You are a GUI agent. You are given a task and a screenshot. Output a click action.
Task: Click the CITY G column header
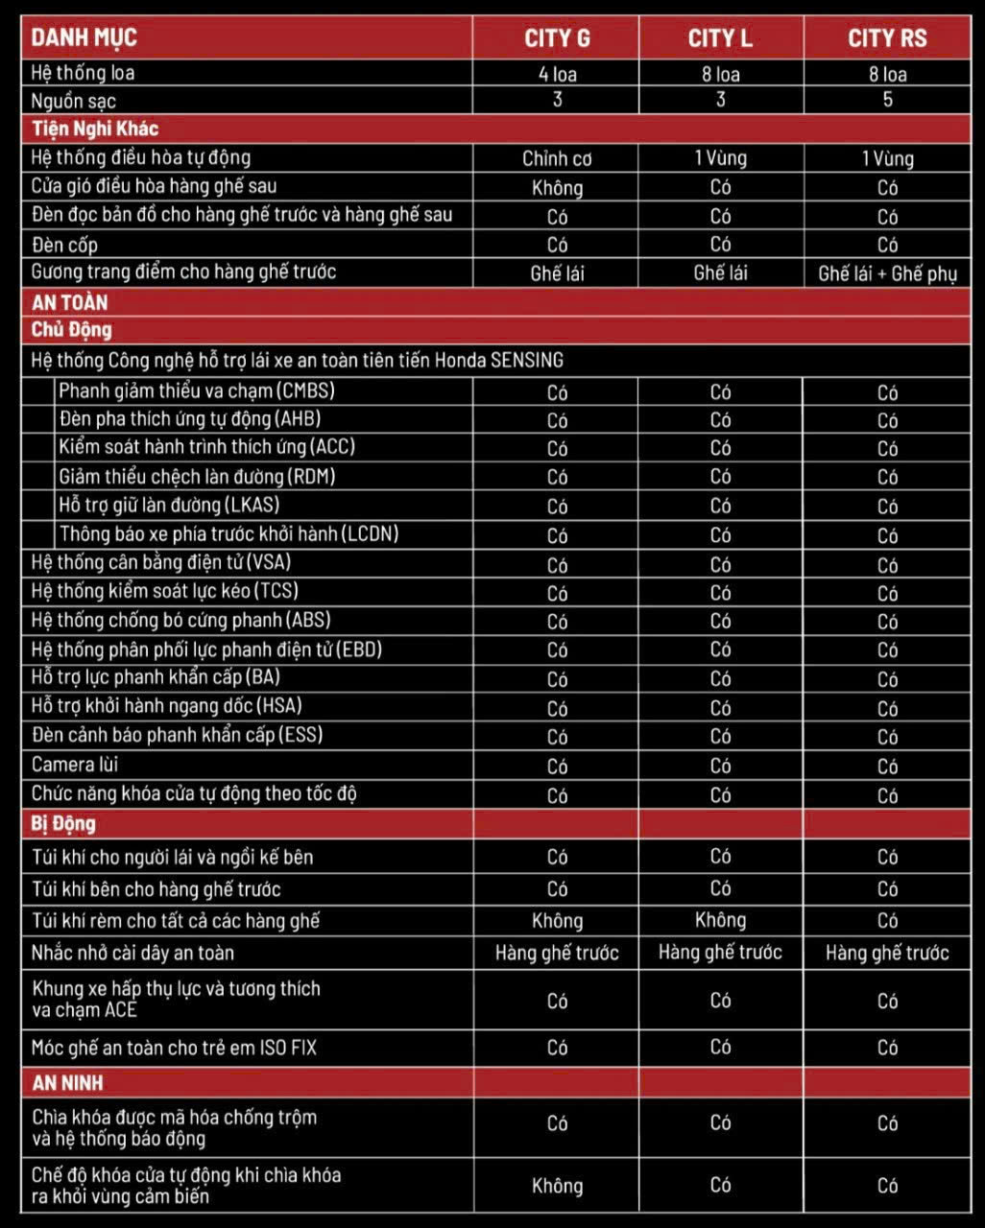point(557,38)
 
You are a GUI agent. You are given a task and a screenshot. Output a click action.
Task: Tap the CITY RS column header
point(887,38)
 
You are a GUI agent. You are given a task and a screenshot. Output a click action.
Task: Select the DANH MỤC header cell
point(84,38)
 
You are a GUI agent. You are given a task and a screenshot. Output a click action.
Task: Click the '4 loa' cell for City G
point(557,74)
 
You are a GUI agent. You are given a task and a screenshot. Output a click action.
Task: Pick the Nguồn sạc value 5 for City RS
point(887,100)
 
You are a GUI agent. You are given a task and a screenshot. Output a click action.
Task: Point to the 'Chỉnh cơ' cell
point(557,158)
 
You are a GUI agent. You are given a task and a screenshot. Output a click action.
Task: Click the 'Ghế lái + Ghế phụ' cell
point(887,273)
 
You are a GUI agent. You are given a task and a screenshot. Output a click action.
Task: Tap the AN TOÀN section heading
point(70,302)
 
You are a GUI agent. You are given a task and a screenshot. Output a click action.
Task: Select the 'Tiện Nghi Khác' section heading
point(94,129)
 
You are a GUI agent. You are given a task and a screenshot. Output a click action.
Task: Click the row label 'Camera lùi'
point(75,765)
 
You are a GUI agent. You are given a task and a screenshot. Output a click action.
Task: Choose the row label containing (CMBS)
point(197,390)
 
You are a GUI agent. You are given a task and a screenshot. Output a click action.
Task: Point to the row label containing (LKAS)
point(169,505)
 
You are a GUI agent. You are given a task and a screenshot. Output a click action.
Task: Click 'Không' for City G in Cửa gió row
point(557,187)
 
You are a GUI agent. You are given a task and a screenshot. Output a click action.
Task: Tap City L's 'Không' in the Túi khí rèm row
point(720,920)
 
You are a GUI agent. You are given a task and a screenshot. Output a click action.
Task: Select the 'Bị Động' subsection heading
point(63,823)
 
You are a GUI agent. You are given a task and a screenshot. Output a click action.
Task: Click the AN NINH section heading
point(67,1082)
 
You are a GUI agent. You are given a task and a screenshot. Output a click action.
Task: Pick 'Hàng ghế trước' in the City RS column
point(887,953)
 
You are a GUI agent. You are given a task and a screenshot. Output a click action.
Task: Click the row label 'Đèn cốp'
point(64,245)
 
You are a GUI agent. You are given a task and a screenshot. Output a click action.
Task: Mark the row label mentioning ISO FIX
point(174,1048)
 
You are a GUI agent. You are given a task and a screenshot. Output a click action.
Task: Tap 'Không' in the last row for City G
point(557,1186)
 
